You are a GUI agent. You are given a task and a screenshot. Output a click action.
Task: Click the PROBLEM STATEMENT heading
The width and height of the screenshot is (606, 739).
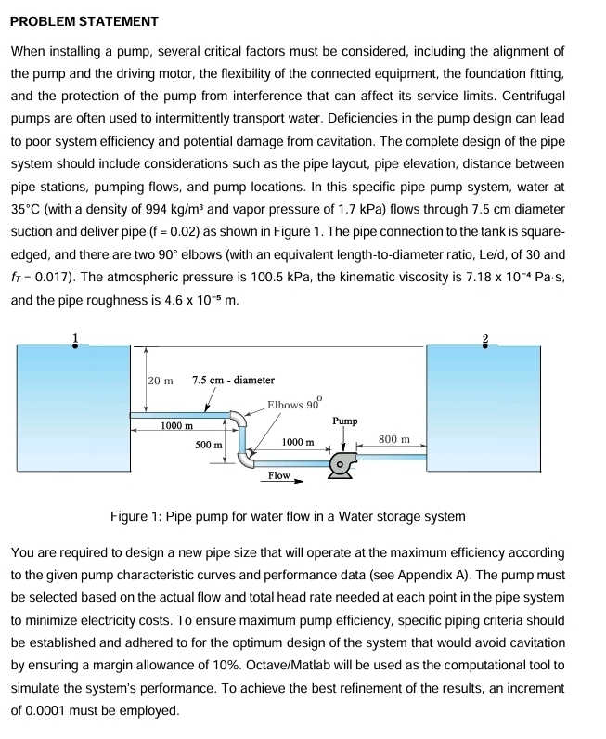(x=84, y=20)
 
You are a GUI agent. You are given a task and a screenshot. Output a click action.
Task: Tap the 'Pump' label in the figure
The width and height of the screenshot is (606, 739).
(x=345, y=421)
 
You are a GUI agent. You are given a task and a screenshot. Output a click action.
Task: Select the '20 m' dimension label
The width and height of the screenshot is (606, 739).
(x=161, y=380)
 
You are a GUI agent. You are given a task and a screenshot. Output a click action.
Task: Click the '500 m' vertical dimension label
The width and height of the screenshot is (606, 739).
(x=208, y=445)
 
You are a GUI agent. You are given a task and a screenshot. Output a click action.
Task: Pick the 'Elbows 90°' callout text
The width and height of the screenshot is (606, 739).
(x=293, y=404)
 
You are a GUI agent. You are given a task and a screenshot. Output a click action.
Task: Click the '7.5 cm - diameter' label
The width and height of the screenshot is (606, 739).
(x=233, y=380)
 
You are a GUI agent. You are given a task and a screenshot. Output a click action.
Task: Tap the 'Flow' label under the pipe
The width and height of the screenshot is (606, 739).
(x=278, y=475)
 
